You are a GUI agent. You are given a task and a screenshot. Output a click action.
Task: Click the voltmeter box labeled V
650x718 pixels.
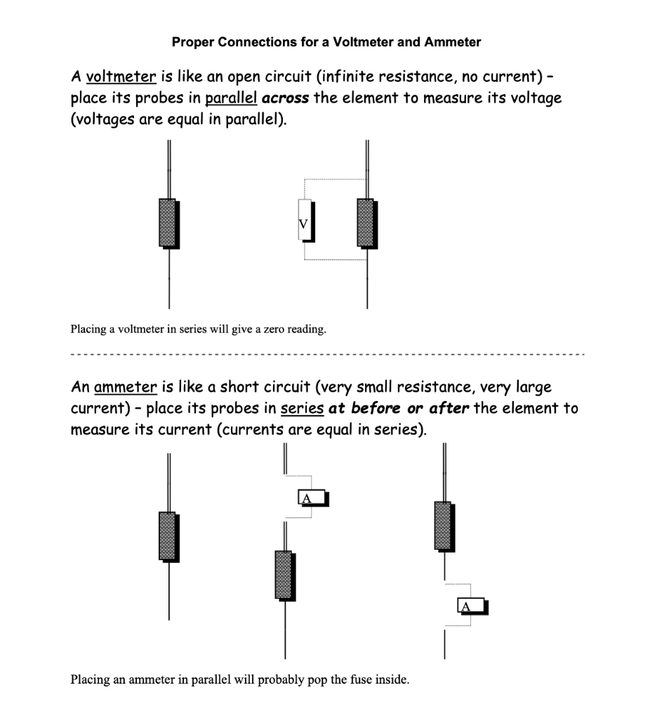[x=304, y=220]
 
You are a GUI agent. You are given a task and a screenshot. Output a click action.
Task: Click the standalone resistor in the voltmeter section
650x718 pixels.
[x=168, y=223]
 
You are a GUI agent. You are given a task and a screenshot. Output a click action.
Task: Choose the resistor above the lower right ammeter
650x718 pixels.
[x=443, y=526]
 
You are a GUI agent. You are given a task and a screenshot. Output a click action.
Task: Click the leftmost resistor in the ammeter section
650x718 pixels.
[x=168, y=536]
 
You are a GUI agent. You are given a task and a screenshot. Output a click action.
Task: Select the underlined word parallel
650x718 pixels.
[x=230, y=97]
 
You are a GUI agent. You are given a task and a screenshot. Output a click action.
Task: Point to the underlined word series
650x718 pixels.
[x=302, y=408]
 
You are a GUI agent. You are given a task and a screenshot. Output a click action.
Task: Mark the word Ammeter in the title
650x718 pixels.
[x=456, y=42]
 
